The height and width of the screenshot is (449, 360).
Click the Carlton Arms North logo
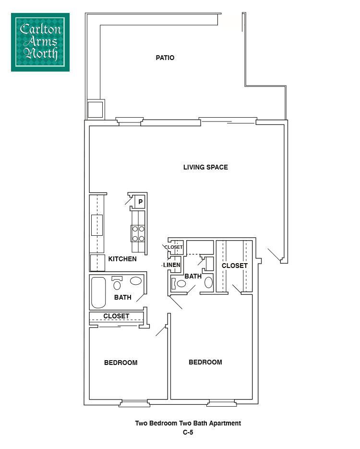(x=40, y=42)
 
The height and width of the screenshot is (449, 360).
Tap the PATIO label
(x=165, y=58)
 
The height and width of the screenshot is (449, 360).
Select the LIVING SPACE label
(x=205, y=168)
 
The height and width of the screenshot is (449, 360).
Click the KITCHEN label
(x=122, y=259)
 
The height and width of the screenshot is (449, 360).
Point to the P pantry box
(x=140, y=202)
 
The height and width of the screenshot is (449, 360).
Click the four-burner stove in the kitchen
(x=138, y=233)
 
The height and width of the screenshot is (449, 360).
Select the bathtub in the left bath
(x=98, y=292)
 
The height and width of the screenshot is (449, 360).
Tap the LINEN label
(x=172, y=265)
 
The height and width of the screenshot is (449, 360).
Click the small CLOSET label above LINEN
(x=173, y=247)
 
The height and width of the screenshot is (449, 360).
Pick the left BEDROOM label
(x=121, y=363)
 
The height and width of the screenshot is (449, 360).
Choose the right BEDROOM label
(x=205, y=363)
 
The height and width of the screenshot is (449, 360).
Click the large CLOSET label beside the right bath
(x=235, y=266)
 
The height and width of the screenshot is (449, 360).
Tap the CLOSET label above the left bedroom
(x=116, y=316)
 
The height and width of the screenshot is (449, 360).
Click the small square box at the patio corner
(x=95, y=109)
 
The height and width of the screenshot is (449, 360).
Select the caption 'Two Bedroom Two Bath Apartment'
(x=188, y=424)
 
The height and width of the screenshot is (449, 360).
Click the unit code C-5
(x=188, y=432)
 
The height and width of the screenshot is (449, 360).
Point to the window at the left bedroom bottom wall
(x=134, y=403)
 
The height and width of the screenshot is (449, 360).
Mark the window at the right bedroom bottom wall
(x=221, y=403)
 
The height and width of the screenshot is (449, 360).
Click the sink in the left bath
(x=136, y=281)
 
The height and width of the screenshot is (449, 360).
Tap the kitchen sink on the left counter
(x=97, y=225)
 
